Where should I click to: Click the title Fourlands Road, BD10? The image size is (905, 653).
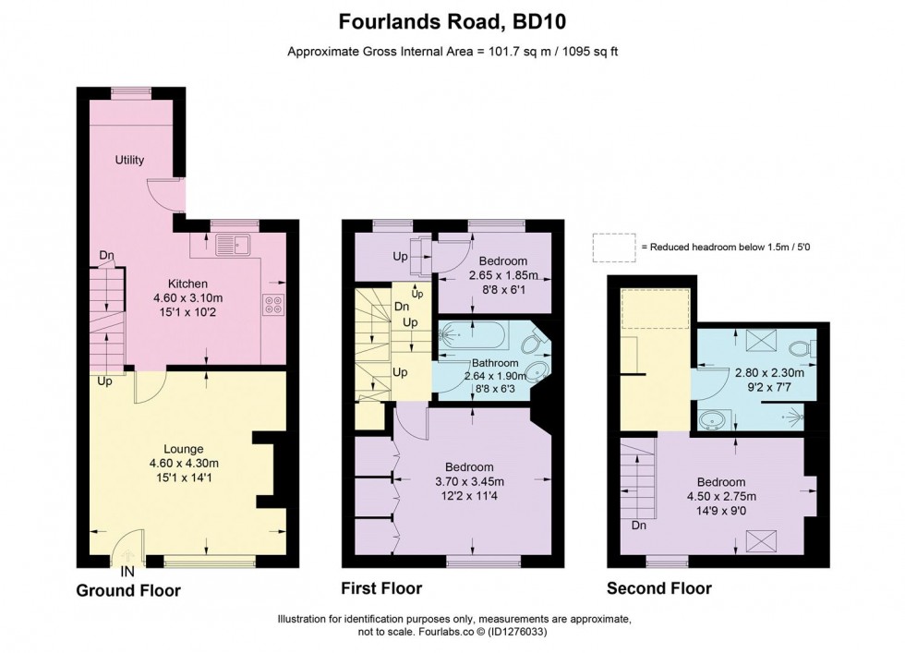click(452, 20)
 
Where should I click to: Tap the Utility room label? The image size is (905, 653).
click(129, 160)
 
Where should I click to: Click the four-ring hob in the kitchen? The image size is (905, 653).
click(273, 304)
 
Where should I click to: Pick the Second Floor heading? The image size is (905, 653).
click(658, 588)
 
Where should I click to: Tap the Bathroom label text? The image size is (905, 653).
click(495, 363)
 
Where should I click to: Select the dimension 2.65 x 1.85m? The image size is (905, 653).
click(495, 275)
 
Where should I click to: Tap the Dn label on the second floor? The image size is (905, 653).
click(638, 526)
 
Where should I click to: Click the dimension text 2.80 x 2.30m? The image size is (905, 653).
click(769, 373)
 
